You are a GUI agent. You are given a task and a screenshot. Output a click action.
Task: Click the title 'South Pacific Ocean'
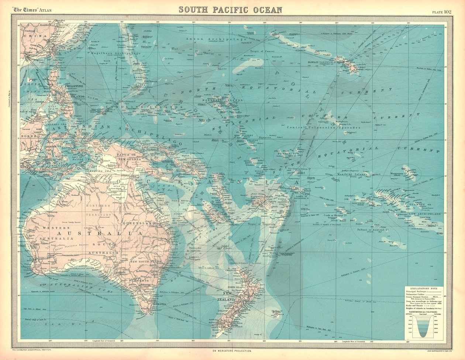point(231,9)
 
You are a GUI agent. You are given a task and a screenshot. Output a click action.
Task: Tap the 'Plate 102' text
point(442,12)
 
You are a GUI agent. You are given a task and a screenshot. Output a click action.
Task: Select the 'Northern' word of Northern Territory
point(97,205)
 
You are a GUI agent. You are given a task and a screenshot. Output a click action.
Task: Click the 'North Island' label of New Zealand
point(236,287)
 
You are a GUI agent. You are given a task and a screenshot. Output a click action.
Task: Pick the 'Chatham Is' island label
point(277,311)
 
